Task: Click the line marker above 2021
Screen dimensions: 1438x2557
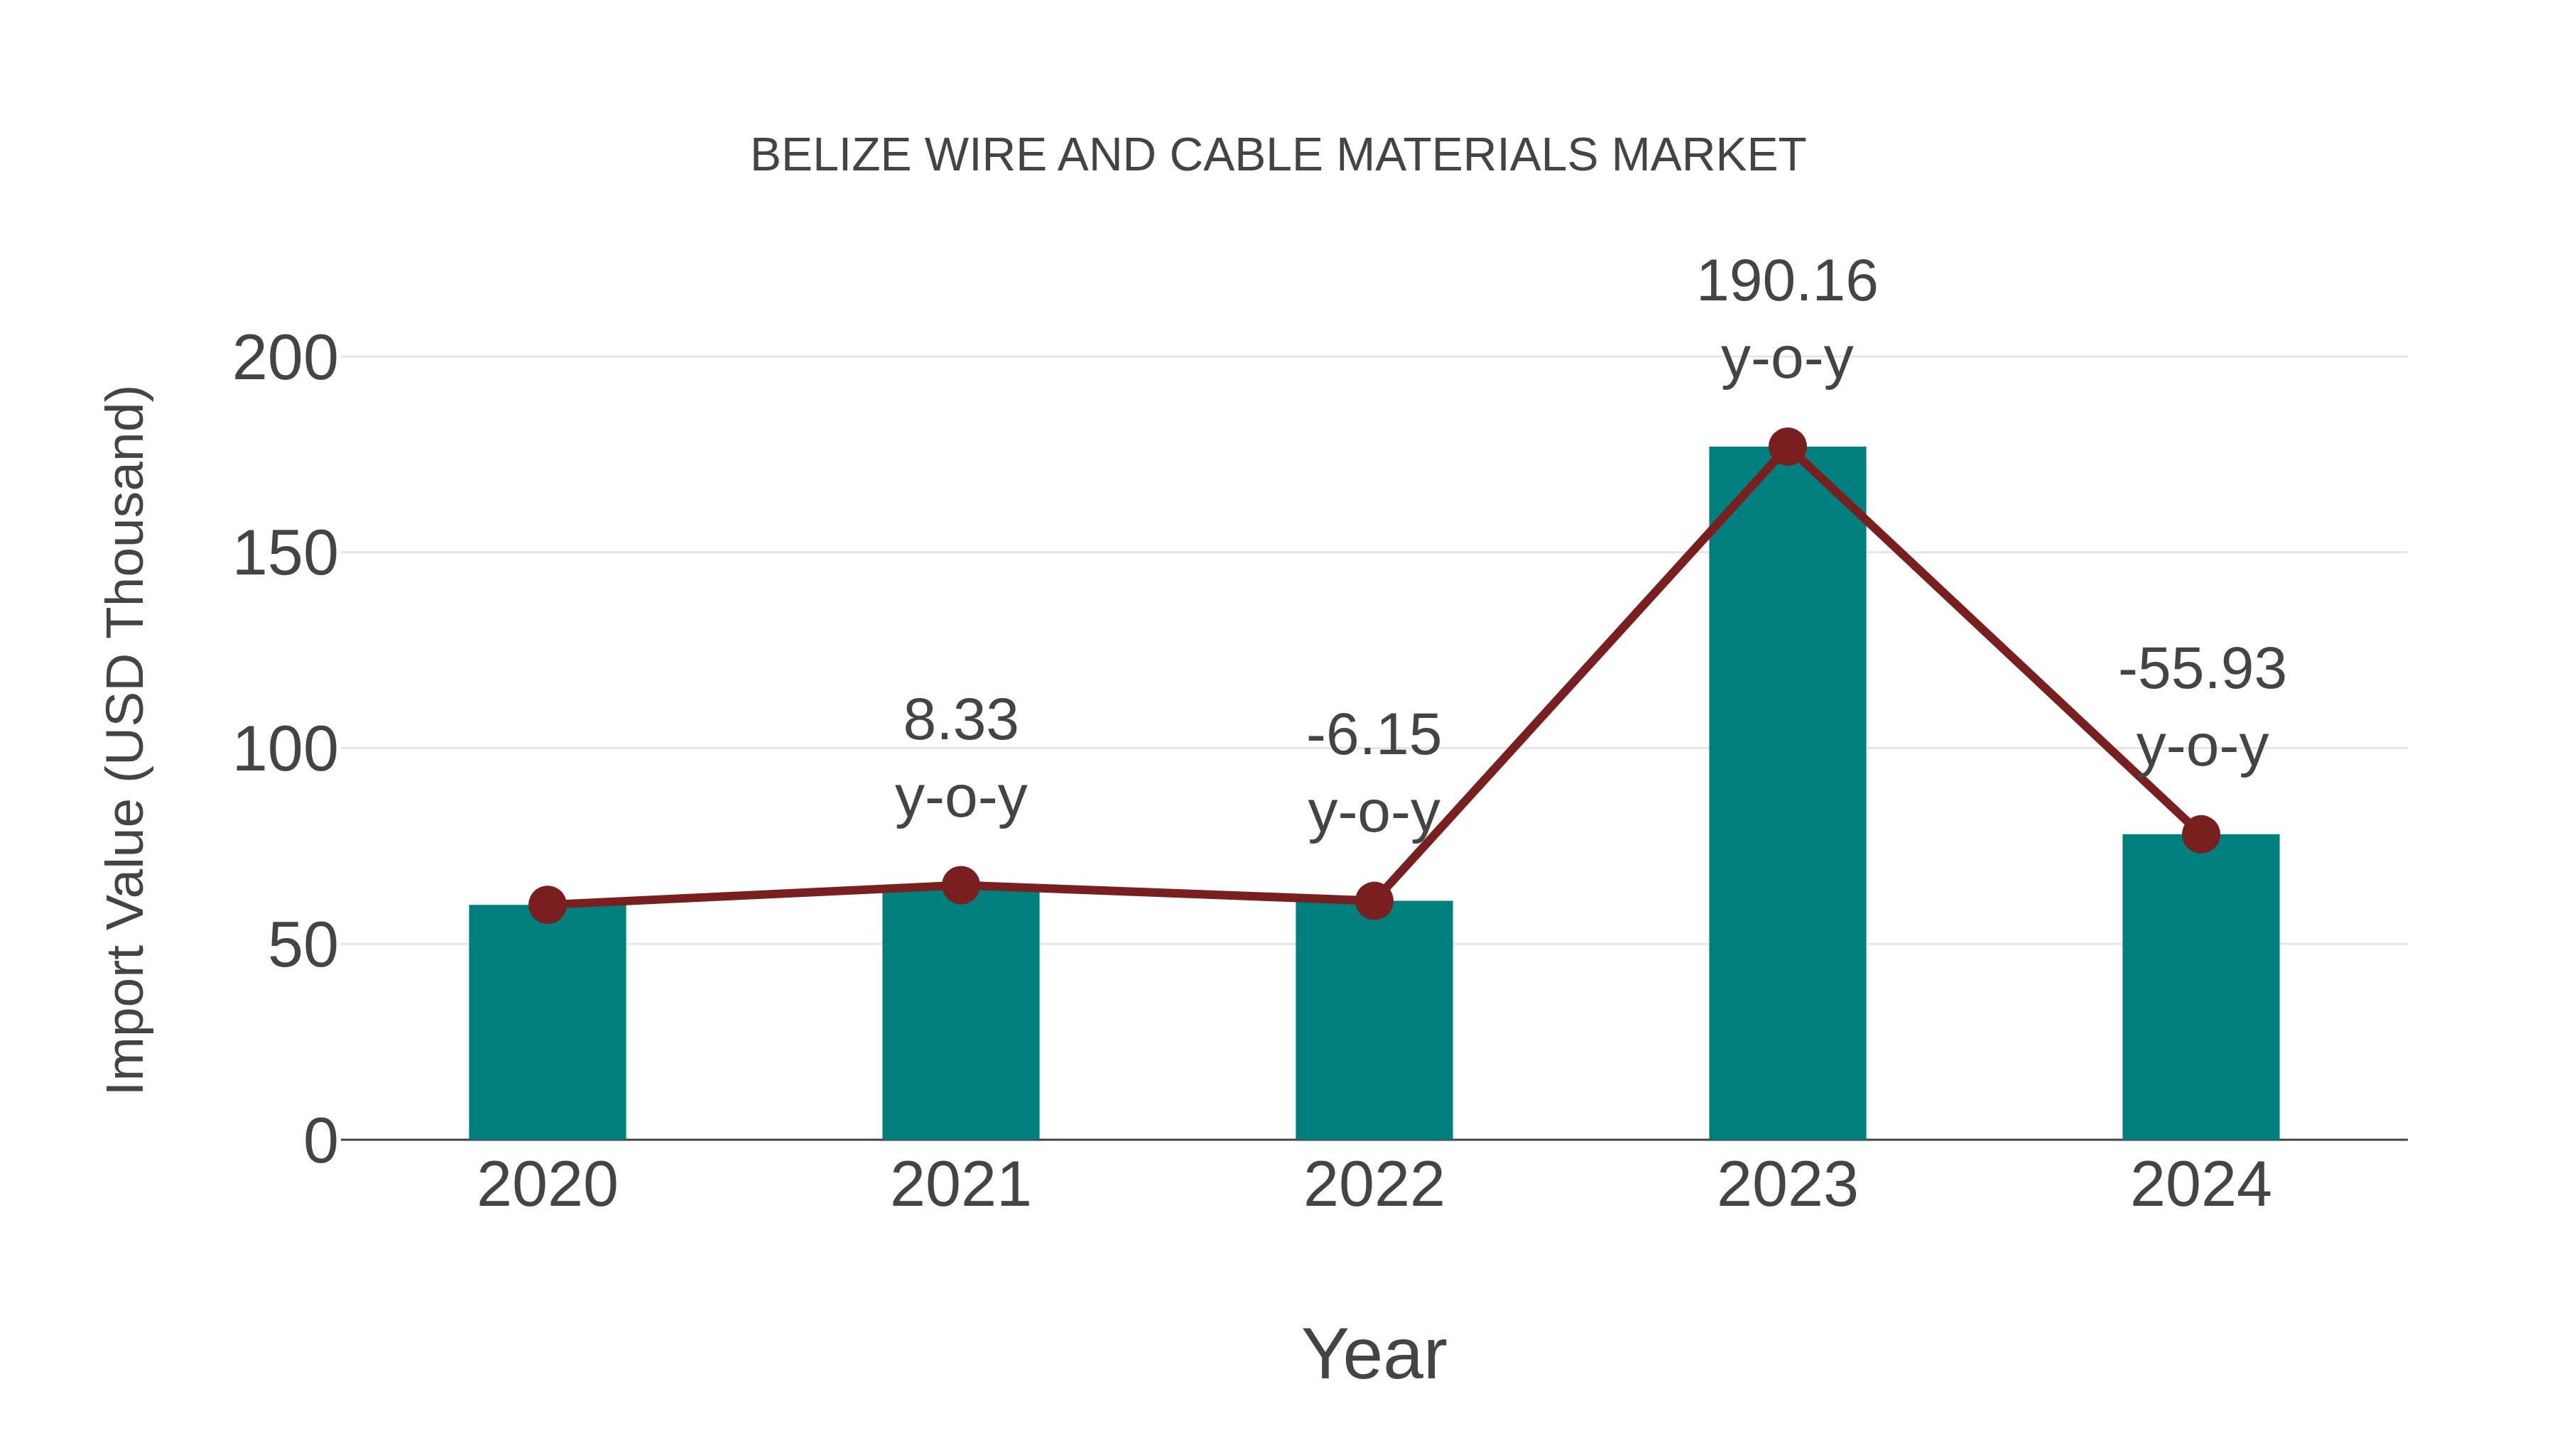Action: [x=960, y=886]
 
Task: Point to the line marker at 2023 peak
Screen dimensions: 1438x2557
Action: [x=1787, y=447]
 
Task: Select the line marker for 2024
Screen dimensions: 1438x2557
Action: [x=2200, y=834]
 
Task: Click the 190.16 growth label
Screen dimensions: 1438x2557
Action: [x=1787, y=282]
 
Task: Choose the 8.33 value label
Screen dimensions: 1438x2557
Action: [x=960, y=721]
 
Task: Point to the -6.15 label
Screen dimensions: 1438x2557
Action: [x=1374, y=736]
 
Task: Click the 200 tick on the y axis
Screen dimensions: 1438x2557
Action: [x=285, y=359]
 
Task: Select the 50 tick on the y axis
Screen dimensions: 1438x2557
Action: [x=303, y=946]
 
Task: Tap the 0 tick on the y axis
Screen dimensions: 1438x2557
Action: [x=320, y=1141]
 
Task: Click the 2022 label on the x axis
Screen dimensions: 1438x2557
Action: [x=1374, y=1185]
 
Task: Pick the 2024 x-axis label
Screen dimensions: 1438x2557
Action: [x=2200, y=1185]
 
